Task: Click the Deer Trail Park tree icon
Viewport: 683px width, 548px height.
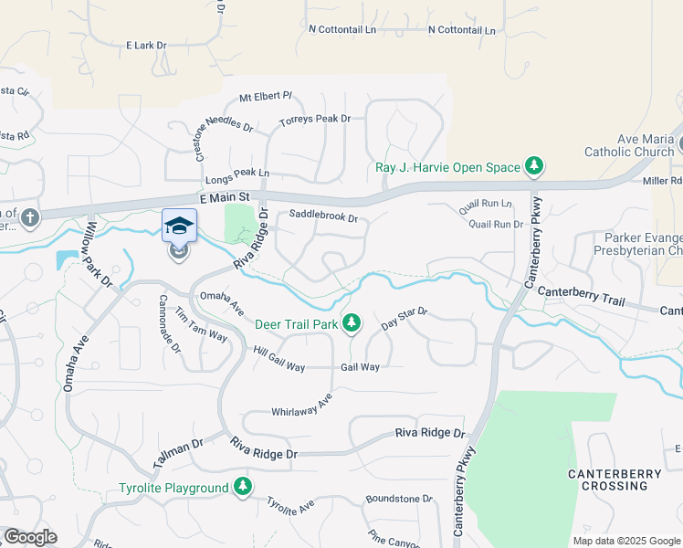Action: [x=351, y=323]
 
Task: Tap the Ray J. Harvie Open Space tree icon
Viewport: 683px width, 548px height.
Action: [x=534, y=166]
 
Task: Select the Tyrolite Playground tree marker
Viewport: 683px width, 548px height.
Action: [x=243, y=488]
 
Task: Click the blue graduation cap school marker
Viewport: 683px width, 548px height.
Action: [x=179, y=225]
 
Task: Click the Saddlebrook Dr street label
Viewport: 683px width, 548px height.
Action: [x=322, y=217]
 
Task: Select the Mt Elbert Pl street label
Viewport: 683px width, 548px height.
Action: [x=265, y=96]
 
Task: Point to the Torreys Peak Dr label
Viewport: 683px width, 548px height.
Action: [x=315, y=120]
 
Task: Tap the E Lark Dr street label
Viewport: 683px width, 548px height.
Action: [x=147, y=45]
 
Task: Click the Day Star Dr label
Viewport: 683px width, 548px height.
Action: [x=405, y=319]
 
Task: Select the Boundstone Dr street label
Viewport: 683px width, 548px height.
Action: [x=398, y=499]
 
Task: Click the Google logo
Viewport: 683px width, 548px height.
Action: [x=30, y=537]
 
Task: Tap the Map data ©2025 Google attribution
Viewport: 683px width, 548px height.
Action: [x=625, y=541]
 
